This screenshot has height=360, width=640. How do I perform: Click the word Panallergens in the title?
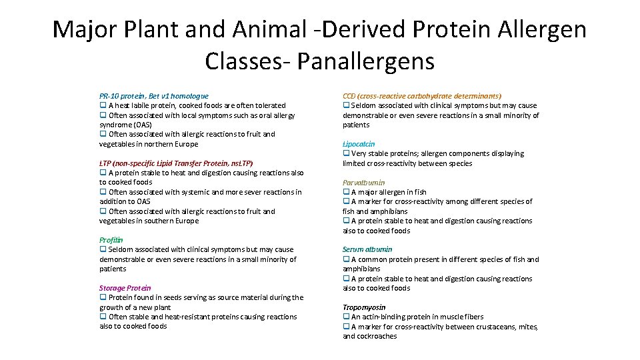coord(366,61)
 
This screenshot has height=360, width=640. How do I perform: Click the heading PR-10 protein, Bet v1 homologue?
coord(153,96)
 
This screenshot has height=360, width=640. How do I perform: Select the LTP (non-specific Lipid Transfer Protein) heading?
coord(176,163)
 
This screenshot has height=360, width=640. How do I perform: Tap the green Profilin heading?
coord(111,240)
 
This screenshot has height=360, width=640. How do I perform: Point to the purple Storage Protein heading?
coord(125,288)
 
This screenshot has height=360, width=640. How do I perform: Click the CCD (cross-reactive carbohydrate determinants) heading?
coord(422,96)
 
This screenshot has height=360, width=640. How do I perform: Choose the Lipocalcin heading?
coord(359,144)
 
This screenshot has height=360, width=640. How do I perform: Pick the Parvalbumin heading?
coord(363,182)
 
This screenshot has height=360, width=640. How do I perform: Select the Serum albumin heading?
coord(367,249)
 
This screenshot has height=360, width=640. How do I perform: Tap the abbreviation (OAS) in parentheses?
coord(141,125)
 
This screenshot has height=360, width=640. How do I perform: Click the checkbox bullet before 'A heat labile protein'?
coord(103,105)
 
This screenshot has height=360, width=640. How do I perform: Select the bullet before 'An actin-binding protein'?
coord(346,317)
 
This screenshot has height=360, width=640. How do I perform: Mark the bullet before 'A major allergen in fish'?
coord(346,192)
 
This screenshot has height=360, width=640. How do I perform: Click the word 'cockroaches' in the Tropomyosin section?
coord(378,337)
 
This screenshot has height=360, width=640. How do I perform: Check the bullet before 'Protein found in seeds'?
coord(103,297)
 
